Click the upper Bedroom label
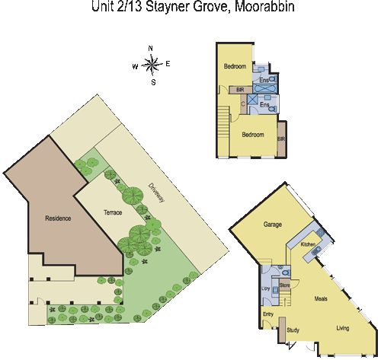(x=235, y=67)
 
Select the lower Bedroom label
(x=253, y=134)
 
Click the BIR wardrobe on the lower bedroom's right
(x=281, y=139)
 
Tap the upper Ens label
(x=264, y=79)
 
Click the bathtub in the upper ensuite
(x=267, y=89)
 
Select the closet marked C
(x=243, y=104)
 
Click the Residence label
(x=58, y=218)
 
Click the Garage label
(x=273, y=225)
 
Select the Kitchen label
(x=308, y=244)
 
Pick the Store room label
(x=284, y=285)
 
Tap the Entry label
(x=268, y=314)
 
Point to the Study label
(x=293, y=330)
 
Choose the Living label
(x=344, y=328)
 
